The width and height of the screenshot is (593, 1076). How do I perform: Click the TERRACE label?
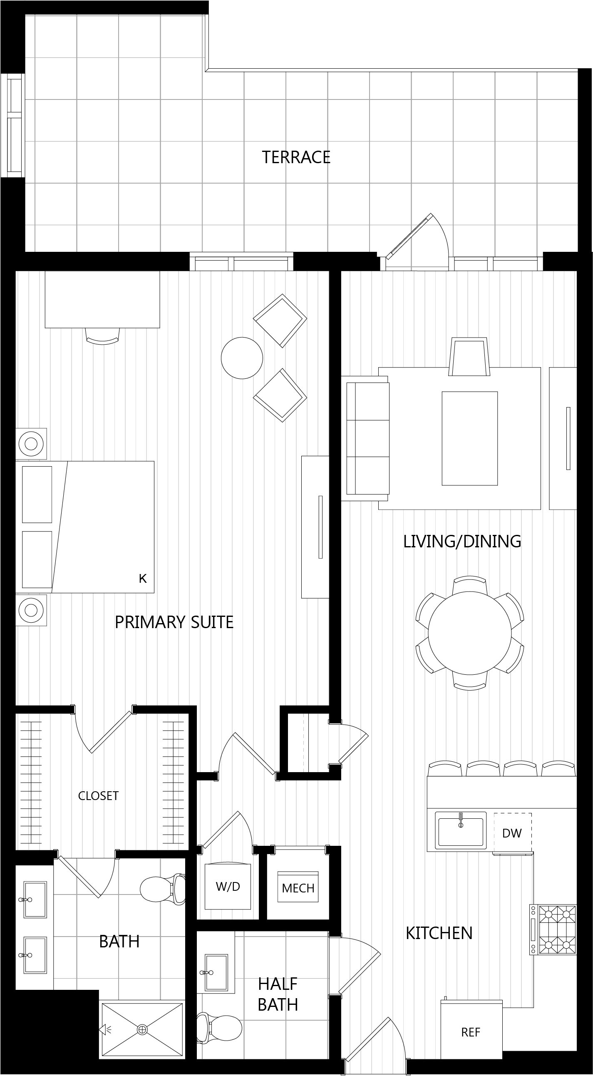pyautogui.click(x=296, y=157)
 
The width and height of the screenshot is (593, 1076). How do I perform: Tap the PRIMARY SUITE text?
pyautogui.click(x=174, y=622)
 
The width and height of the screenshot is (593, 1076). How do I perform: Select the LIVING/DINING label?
pyautogui.click(x=462, y=541)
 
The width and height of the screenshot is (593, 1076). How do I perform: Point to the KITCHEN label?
pyautogui.click(x=439, y=933)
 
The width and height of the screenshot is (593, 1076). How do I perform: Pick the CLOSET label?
pyautogui.click(x=98, y=796)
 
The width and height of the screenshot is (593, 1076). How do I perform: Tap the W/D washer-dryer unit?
pyautogui.click(x=228, y=885)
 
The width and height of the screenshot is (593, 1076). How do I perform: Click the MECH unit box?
pyautogui.click(x=298, y=886)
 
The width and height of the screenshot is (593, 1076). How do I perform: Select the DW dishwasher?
pyautogui.click(x=512, y=833)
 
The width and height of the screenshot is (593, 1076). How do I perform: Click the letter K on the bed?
pyautogui.click(x=143, y=579)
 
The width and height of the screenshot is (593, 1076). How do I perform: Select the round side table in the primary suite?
pyautogui.click(x=242, y=358)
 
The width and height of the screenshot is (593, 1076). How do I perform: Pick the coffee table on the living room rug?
pyautogui.click(x=470, y=438)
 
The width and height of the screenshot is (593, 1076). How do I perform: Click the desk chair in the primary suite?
pyautogui.click(x=102, y=336)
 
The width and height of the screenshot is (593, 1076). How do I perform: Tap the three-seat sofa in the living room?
pyautogui.click(x=365, y=438)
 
